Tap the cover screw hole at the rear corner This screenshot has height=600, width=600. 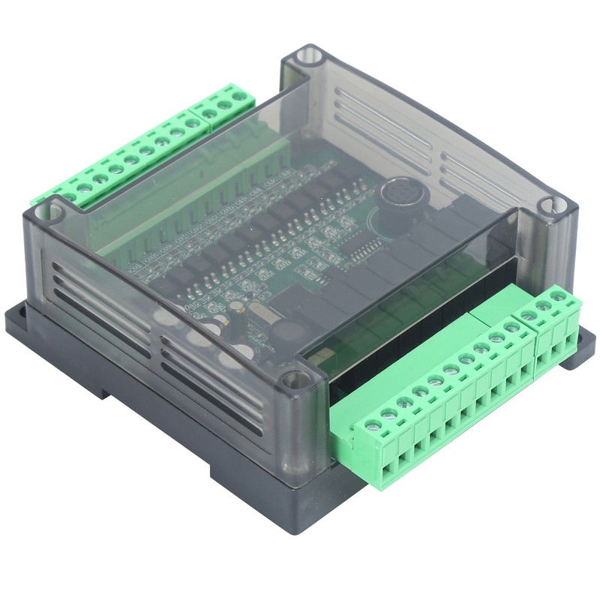pos(307,55)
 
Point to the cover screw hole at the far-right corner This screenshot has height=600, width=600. pos(553,204)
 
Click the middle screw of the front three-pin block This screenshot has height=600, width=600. pos(542,305)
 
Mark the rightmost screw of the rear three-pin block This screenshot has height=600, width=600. pos(240,96)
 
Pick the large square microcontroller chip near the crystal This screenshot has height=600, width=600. pos(300,307)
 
